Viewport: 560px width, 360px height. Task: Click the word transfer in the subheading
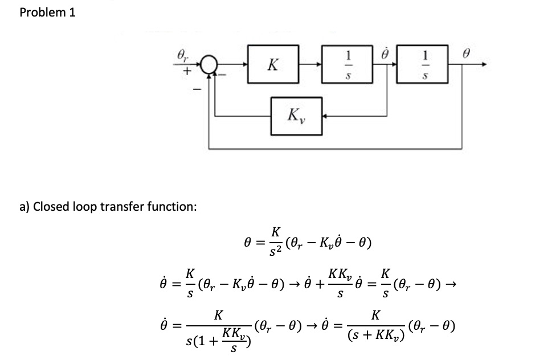120,206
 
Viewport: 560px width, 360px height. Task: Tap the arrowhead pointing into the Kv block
326,116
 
